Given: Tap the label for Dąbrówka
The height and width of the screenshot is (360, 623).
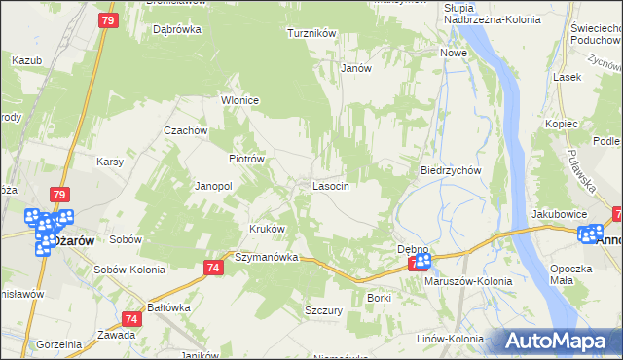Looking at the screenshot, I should coord(177,29).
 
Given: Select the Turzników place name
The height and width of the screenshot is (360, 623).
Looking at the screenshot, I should coord(311,33).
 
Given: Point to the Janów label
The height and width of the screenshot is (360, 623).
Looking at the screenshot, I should coord(357,69).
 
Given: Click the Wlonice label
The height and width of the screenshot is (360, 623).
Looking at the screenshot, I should coord(239,99).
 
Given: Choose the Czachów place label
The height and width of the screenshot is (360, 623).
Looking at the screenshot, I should coord(186,131).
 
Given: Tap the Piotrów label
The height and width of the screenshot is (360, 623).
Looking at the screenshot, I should coord(246,159).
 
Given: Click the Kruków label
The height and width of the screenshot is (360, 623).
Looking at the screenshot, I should coord(268,230).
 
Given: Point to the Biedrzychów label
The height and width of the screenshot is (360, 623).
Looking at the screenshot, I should coord(452,170).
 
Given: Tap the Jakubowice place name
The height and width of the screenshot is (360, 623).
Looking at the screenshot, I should coord(559,213).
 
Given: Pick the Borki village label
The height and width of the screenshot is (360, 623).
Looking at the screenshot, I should coord(379,298).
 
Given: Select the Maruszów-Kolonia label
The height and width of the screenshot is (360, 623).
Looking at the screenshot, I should coord(468,281).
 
